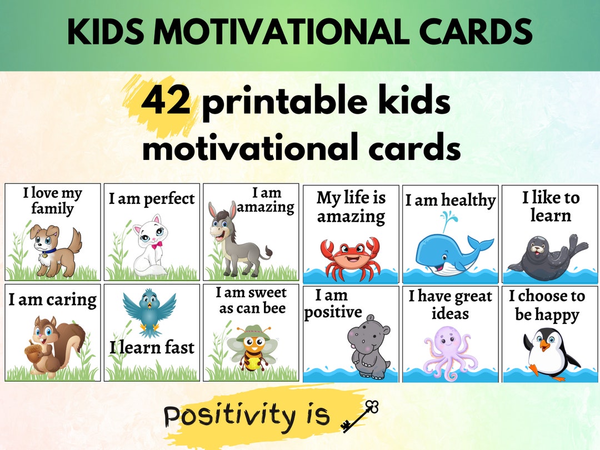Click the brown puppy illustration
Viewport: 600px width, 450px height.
[x=53, y=248]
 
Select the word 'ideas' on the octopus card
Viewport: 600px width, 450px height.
[x=450, y=314]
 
